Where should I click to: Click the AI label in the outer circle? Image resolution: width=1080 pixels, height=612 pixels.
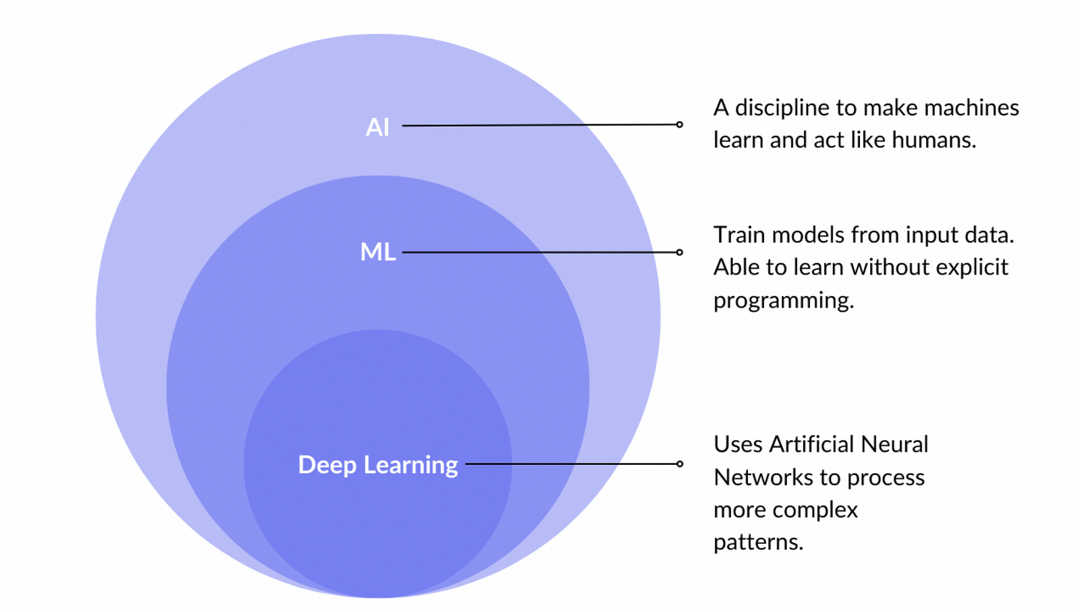(x=377, y=127)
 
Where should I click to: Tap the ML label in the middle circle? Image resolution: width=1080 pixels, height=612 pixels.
(x=377, y=252)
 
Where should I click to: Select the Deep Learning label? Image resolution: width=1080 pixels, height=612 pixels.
(x=377, y=465)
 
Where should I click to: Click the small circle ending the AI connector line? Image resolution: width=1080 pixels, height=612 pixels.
(x=679, y=124)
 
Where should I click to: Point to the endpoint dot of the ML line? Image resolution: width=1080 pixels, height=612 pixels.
(x=679, y=252)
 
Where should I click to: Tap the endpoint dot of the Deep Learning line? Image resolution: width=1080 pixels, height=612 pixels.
(x=679, y=464)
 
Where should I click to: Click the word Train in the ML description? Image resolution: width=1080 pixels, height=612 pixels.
(x=739, y=235)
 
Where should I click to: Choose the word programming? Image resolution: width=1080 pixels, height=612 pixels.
(x=783, y=301)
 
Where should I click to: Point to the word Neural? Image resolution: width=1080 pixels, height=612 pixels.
(x=894, y=445)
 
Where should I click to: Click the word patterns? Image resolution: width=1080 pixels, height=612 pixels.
(x=757, y=543)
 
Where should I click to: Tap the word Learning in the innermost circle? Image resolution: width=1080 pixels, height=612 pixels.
(x=410, y=465)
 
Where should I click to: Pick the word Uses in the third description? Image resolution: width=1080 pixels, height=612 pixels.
(x=737, y=445)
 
